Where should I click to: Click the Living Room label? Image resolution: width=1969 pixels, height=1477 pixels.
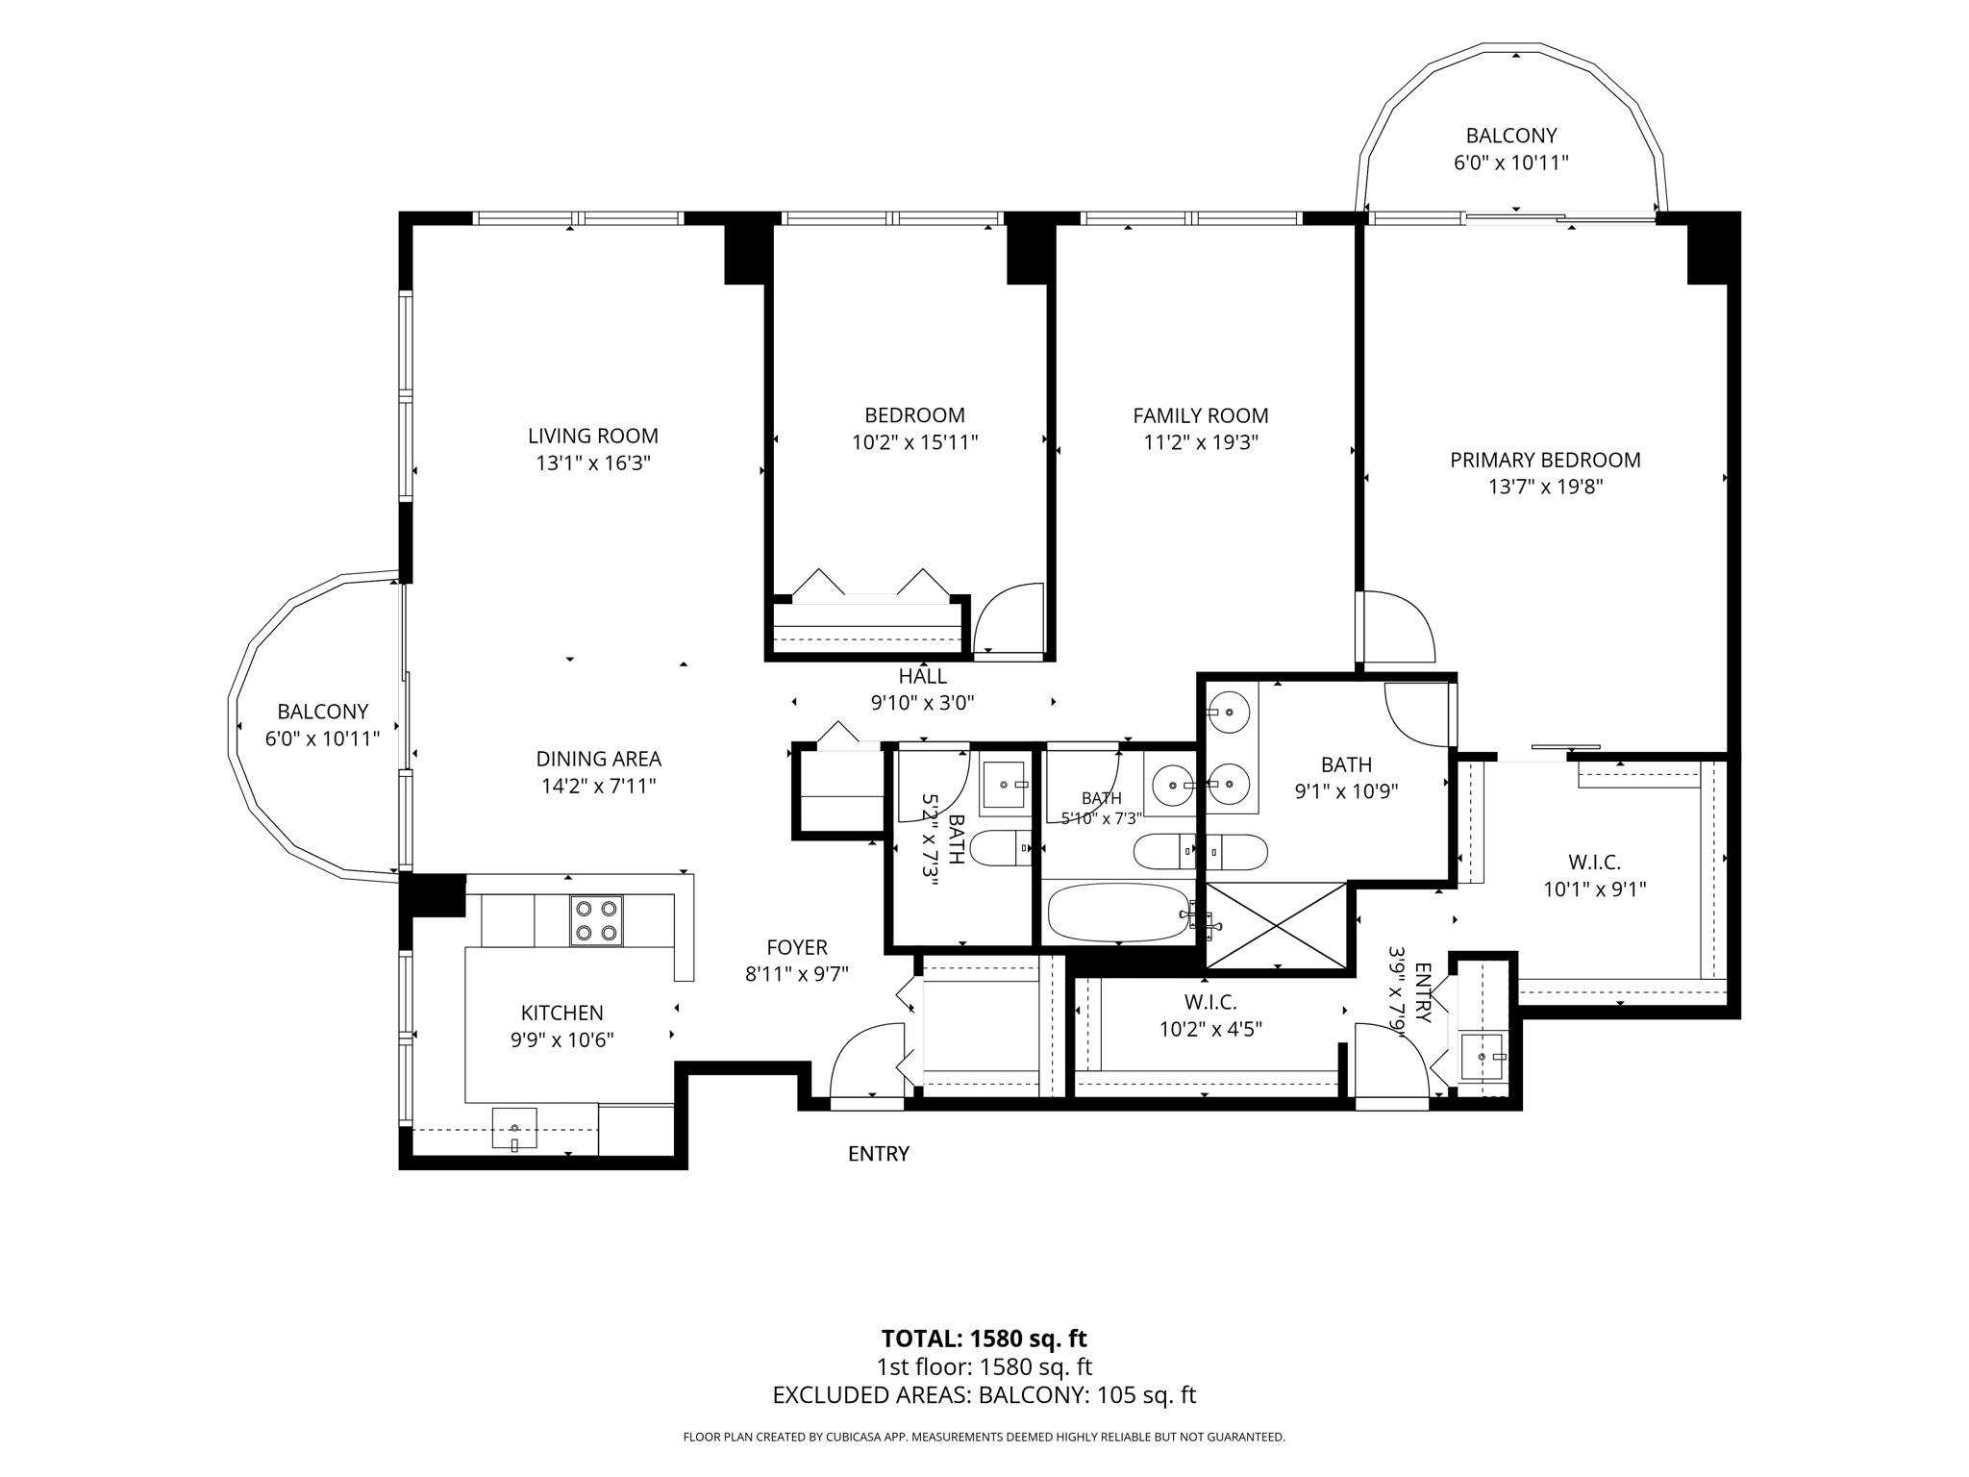coord(593,436)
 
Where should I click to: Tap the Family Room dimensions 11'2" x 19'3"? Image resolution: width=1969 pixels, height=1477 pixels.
coord(1201,442)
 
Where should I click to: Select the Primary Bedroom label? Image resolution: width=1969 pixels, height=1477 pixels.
coord(1545,460)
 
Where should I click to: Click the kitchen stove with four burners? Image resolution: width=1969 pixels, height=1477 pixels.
coord(596,920)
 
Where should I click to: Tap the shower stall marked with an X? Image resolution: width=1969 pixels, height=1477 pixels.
coord(1276,925)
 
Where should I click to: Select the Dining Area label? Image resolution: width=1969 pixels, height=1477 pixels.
coord(599,759)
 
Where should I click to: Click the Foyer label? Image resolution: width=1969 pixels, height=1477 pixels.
coord(797,947)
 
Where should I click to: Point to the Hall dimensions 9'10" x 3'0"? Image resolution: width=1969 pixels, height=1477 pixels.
coord(923,703)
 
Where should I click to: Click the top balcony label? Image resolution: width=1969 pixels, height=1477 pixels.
coord(1511,136)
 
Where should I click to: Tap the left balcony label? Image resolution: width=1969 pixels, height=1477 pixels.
coord(323,712)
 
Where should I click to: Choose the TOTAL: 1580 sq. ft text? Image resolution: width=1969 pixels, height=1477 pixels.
coord(984,1339)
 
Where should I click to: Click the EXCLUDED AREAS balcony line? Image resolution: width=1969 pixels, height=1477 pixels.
coord(984,1395)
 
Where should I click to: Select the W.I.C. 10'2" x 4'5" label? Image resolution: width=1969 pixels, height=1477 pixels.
coord(1210,1015)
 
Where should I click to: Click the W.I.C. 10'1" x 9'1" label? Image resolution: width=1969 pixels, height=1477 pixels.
coord(1595,876)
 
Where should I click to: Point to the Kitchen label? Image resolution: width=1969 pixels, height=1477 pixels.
coord(562,1013)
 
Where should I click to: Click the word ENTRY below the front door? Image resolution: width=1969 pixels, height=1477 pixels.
coord(879,1154)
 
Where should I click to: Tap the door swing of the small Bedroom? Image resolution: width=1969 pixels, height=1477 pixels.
coord(1009,618)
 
